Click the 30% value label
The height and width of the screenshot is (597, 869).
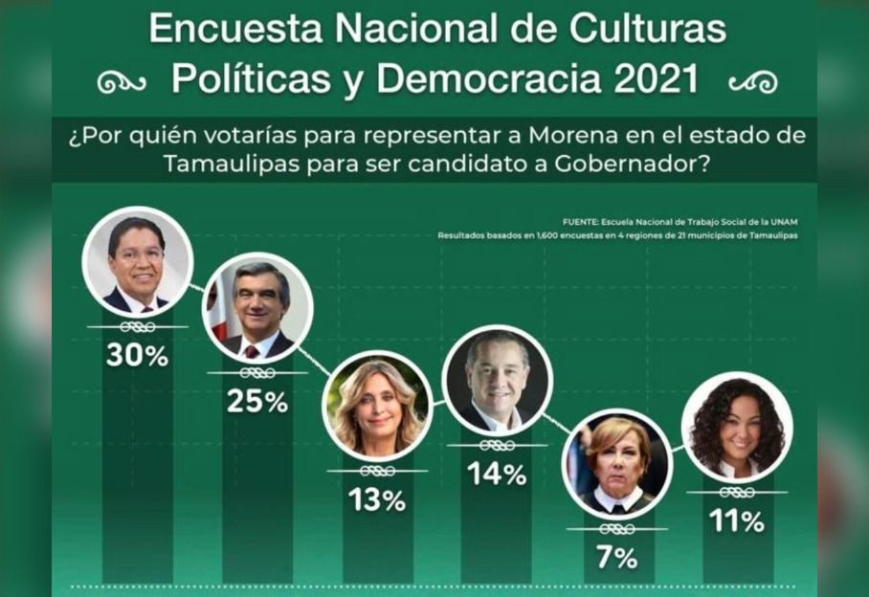[137, 356]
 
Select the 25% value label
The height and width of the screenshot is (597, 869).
[256, 402]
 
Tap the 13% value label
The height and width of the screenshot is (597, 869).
[377, 499]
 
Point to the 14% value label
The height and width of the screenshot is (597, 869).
[497, 474]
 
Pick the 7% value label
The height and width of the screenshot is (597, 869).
[616, 558]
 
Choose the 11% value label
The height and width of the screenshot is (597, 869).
[736, 521]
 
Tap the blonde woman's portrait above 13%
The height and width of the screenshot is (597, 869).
[377, 406]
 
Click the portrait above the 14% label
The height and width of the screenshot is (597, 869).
[498, 380]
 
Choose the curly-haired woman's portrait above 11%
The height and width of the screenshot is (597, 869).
[736, 427]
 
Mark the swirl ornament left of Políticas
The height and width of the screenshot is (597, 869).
[122, 83]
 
